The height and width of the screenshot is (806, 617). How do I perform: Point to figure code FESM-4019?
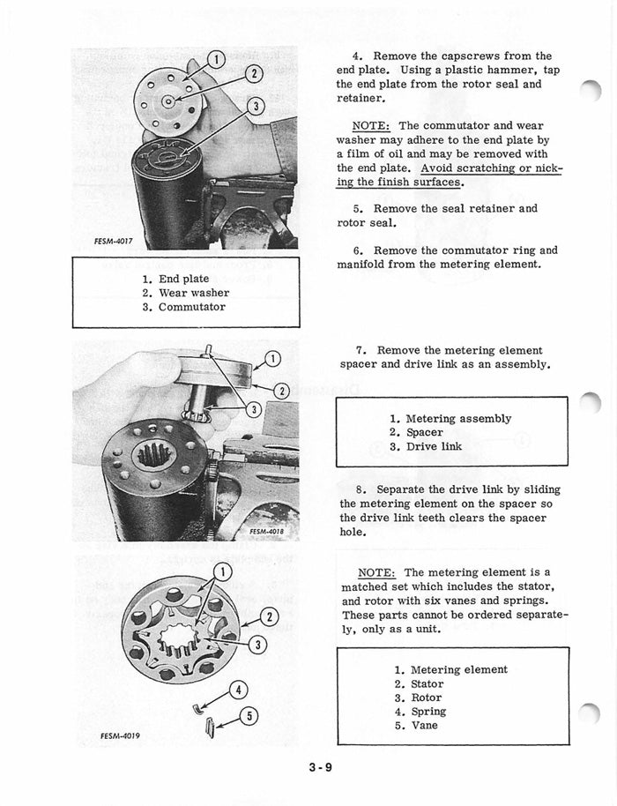click(x=120, y=735)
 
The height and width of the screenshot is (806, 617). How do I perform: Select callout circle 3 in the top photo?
click(x=256, y=107)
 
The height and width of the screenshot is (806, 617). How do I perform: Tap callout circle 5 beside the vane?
click(x=249, y=715)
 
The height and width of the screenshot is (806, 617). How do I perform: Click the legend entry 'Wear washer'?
click(x=193, y=293)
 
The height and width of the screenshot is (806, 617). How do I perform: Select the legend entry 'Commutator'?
click(x=191, y=307)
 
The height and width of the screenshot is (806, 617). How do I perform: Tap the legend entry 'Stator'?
click(x=427, y=683)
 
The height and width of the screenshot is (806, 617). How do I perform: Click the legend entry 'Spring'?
click(x=428, y=711)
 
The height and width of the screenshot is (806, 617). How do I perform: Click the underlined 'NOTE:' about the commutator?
click(x=373, y=126)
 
